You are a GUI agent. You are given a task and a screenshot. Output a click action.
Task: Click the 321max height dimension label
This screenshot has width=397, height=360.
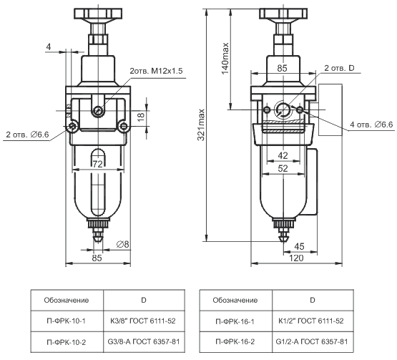tap(201, 125)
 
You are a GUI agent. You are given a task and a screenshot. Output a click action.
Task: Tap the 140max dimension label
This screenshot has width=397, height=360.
tap(225, 59)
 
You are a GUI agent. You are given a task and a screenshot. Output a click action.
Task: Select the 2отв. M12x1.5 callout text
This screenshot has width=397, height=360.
tap(156, 71)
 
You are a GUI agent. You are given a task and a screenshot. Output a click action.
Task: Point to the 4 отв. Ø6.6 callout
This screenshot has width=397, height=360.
tap(371, 125)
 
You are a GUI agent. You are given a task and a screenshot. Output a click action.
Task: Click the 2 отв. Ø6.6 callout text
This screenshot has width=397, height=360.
tap(27, 135)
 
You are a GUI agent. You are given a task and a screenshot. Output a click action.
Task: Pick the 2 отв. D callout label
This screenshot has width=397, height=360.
tap(339, 68)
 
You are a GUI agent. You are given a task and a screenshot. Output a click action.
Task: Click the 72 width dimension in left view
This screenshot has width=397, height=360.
tap(97, 164)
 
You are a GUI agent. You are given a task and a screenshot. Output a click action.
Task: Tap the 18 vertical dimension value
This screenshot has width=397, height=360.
tap(141, 116)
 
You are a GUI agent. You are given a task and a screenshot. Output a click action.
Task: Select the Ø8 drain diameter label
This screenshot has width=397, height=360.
tap(122, 244)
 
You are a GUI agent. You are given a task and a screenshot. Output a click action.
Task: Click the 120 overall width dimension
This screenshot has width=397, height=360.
tap(296, 258)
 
